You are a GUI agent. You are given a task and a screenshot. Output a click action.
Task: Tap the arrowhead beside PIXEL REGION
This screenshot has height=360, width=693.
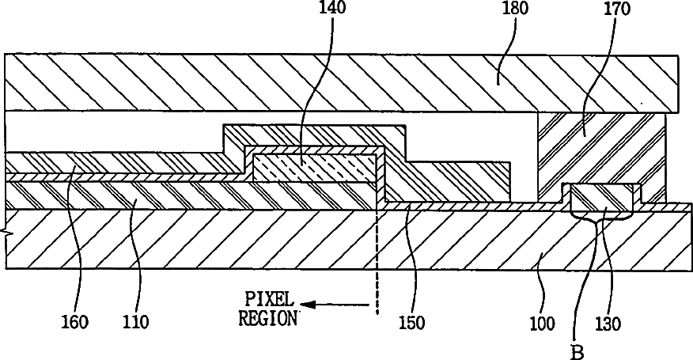311,304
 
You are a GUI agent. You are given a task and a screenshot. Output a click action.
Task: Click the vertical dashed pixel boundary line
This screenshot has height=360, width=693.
377,261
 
